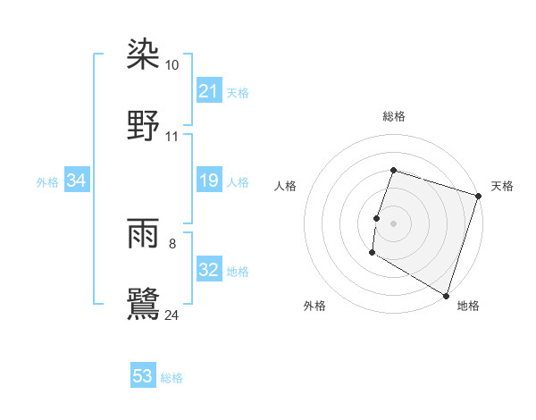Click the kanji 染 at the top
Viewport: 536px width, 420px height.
[143, 55]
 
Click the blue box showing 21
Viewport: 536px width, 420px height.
[208, 91]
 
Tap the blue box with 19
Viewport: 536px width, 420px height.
[208, 181]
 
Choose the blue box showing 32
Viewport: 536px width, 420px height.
[208, 271]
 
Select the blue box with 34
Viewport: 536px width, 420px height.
[77, 181]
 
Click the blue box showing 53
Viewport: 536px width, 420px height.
[143, 376]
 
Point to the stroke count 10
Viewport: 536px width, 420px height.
[172, 66]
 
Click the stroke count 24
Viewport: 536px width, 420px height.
[172, 314]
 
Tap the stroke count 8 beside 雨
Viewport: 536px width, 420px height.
[172, 243]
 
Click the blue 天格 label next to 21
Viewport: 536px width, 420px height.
[238, 92]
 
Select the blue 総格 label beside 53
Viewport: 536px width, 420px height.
[172, 377]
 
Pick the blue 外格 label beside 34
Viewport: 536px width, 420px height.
[47, 182]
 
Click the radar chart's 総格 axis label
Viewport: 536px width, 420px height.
[393, 116]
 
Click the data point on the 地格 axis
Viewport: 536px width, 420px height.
[445, 294]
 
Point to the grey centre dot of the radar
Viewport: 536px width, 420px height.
[393, 223]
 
